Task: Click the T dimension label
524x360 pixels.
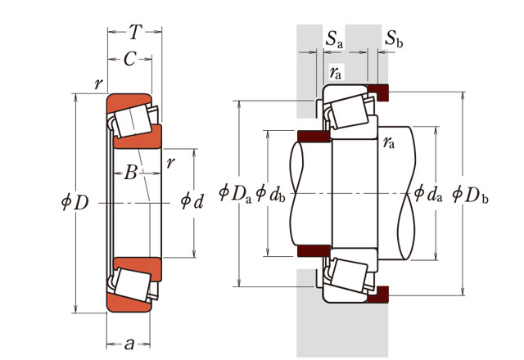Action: tap(135, 33)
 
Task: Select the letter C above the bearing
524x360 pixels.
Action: tap(129, 59)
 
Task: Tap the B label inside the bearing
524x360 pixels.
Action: tap(129, 173)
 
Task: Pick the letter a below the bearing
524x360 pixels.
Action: tap(129, 344)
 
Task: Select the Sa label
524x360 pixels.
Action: tap(334, 38)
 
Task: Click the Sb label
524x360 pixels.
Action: tap(394, 38)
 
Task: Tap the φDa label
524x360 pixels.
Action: tap(234, 192)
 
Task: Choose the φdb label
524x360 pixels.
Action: tap(270, 192)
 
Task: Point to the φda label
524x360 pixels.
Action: tap(428, 192)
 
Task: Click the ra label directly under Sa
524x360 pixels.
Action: tap(335, 72)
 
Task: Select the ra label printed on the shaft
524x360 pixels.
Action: tap(389, 144)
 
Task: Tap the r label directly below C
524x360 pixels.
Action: tap(98, 83)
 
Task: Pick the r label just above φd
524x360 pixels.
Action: tap(169, 162)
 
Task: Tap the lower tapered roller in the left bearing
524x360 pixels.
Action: tap(130, 282)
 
